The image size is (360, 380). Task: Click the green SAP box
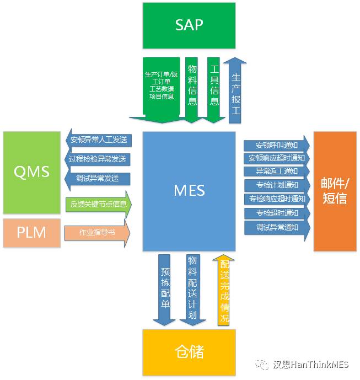pos(189,25)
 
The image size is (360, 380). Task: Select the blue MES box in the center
pos(189,191)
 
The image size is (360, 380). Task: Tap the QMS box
pos(32,173)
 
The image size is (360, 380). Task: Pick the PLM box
pos(32,233)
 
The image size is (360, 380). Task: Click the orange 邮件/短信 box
pos(335,191)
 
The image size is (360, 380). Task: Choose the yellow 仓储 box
pos(189,352)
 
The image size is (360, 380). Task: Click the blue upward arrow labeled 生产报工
pos(235,90)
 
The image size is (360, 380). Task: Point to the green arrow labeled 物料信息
pos(192,90)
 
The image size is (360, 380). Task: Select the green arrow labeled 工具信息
pos(213,90)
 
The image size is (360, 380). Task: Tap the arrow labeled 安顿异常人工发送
pos(99,140)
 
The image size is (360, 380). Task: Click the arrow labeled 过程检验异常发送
pos(98,159)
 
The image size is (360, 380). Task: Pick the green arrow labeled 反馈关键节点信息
pos(99,204)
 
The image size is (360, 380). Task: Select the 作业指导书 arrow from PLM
pos(97,233)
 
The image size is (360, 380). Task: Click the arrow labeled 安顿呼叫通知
pos(277,146)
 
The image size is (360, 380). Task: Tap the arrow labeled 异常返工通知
pos(277,172)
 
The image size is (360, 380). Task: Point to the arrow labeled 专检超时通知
pos(277,213)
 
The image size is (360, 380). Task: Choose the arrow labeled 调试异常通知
pos(277,228)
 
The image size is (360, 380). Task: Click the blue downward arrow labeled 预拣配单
pos(164,290)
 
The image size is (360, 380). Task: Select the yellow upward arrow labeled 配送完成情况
pos(224,290)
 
